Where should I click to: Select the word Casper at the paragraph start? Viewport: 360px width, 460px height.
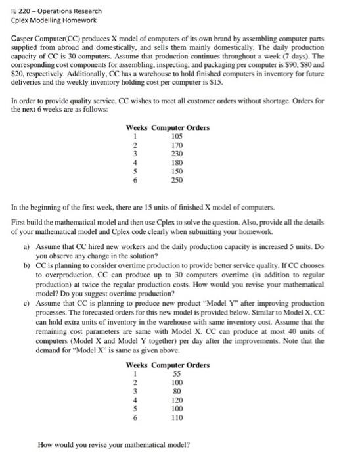(24, 40)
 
